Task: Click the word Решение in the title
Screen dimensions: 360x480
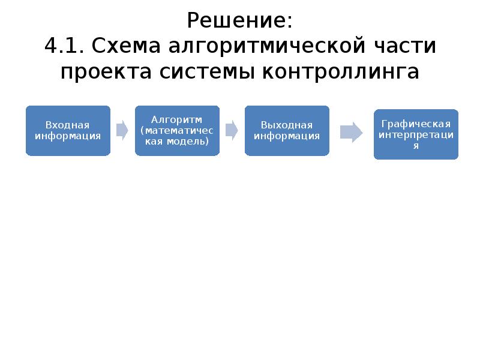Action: [239, 22]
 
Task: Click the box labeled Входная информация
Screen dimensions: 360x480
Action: [68, 131]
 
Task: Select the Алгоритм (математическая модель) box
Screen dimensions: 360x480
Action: [177, 131]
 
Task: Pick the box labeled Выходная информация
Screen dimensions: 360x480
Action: [287, 131]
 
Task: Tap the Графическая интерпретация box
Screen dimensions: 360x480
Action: [416, 134]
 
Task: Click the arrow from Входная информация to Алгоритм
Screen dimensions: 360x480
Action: [122, 130]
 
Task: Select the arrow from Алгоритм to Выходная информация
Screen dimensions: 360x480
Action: [232, 130]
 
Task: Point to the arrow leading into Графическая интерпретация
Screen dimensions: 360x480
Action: [351, 133]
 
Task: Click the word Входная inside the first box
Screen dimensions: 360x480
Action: [68, 125]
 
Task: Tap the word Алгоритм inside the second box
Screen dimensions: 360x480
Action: [177, 119]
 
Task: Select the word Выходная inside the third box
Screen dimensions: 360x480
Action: [287, 125]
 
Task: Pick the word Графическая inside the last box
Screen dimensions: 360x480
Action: [416, 124]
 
